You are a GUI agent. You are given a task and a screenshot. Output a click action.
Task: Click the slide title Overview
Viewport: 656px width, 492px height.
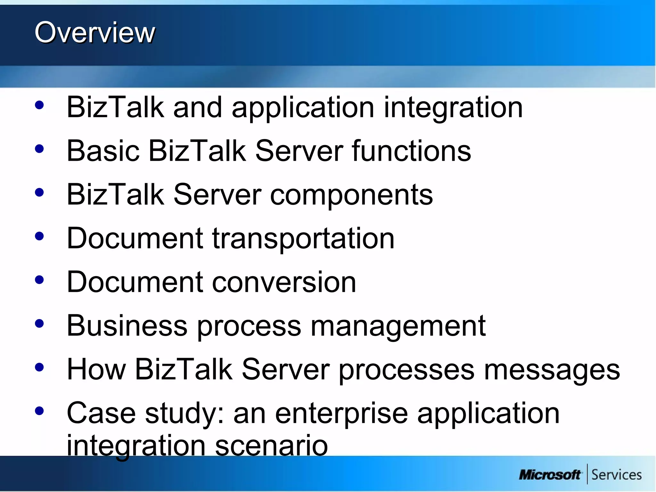tap(95, 32)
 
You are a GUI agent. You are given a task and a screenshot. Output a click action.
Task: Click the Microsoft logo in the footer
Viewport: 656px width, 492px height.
tap(549, 474)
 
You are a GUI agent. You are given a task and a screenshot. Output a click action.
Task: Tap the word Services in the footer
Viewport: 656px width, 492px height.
tap(616, 474)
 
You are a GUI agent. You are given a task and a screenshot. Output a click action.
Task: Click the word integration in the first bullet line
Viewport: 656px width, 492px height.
tap(453, 108)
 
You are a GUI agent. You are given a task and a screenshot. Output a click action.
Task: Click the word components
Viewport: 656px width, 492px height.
tap(351, 195)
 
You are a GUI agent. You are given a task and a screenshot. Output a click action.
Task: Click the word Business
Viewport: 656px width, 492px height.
tap(127, 326)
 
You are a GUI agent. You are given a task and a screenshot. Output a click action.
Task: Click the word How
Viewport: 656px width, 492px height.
tap(96, 369)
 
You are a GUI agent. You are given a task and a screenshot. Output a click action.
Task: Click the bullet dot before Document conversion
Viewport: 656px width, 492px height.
tap(39, 280)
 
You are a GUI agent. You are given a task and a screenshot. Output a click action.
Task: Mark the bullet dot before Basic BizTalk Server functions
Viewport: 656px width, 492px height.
tap(39, 149)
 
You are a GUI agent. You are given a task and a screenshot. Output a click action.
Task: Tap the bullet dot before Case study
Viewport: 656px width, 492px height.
tap(39, 411)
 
